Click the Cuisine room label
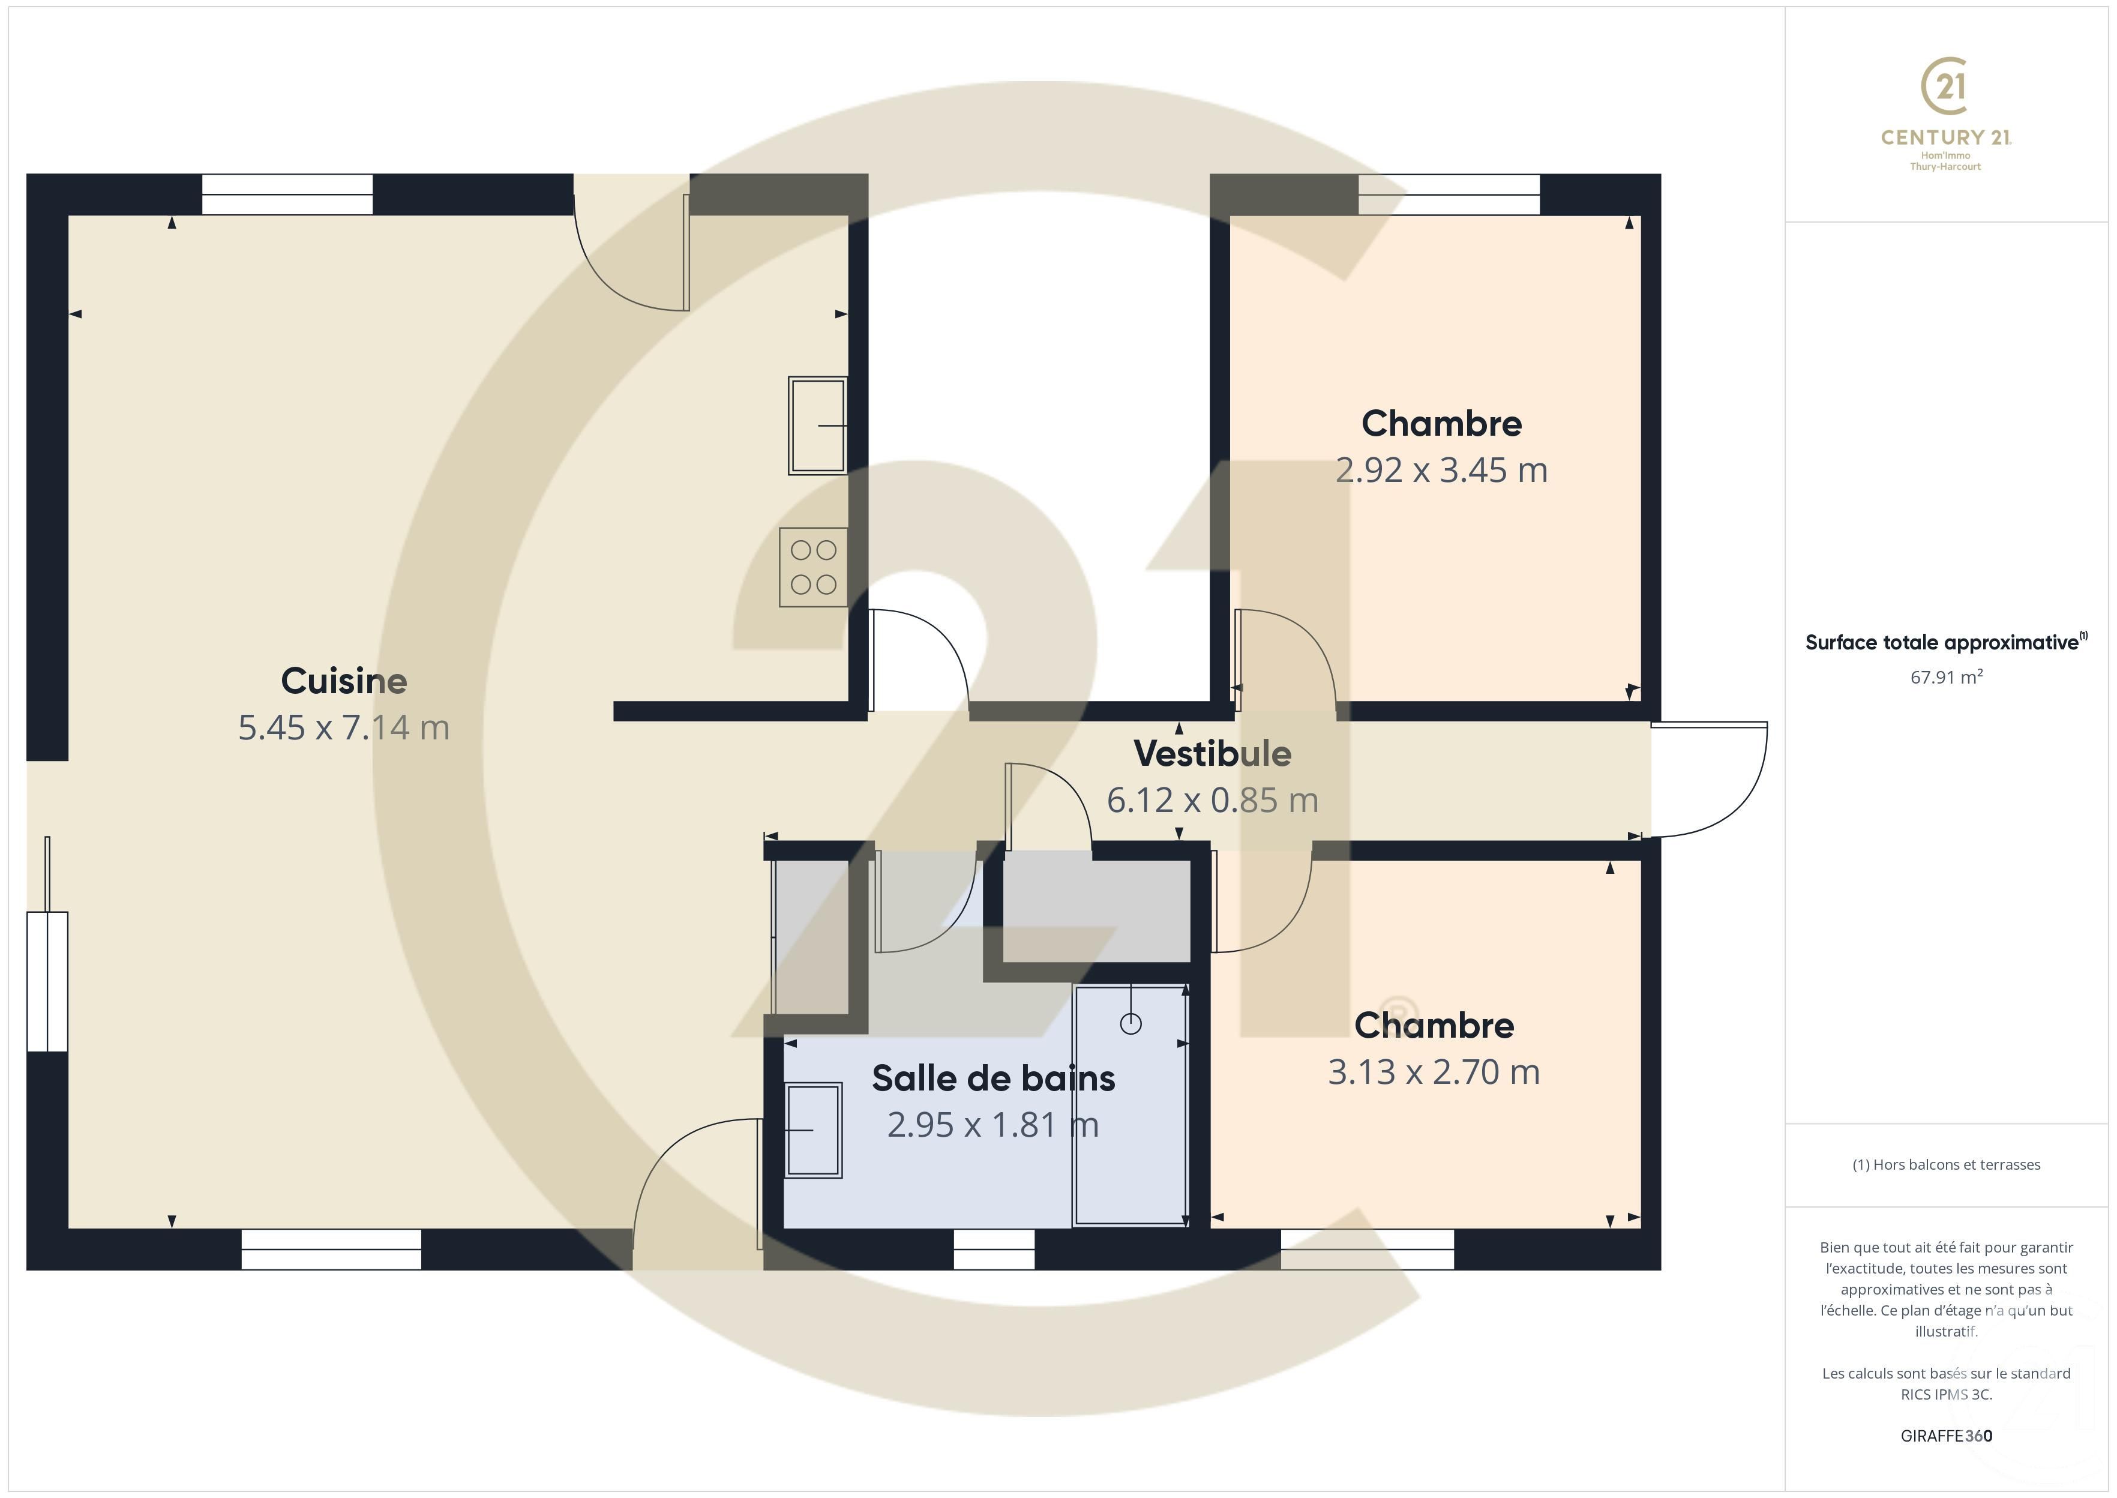point(343,681)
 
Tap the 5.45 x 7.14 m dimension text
point(343,728)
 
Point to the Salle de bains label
point(993,1078)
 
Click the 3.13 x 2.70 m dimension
point(1433,1072)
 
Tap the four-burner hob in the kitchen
point(812,567)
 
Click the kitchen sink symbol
point(817,426)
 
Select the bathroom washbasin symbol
point(812,1130)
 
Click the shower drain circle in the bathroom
point(1131,1024)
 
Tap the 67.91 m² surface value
point(1945,677)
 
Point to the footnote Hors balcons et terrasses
point(1945,1165)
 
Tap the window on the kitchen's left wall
point(46,981)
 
